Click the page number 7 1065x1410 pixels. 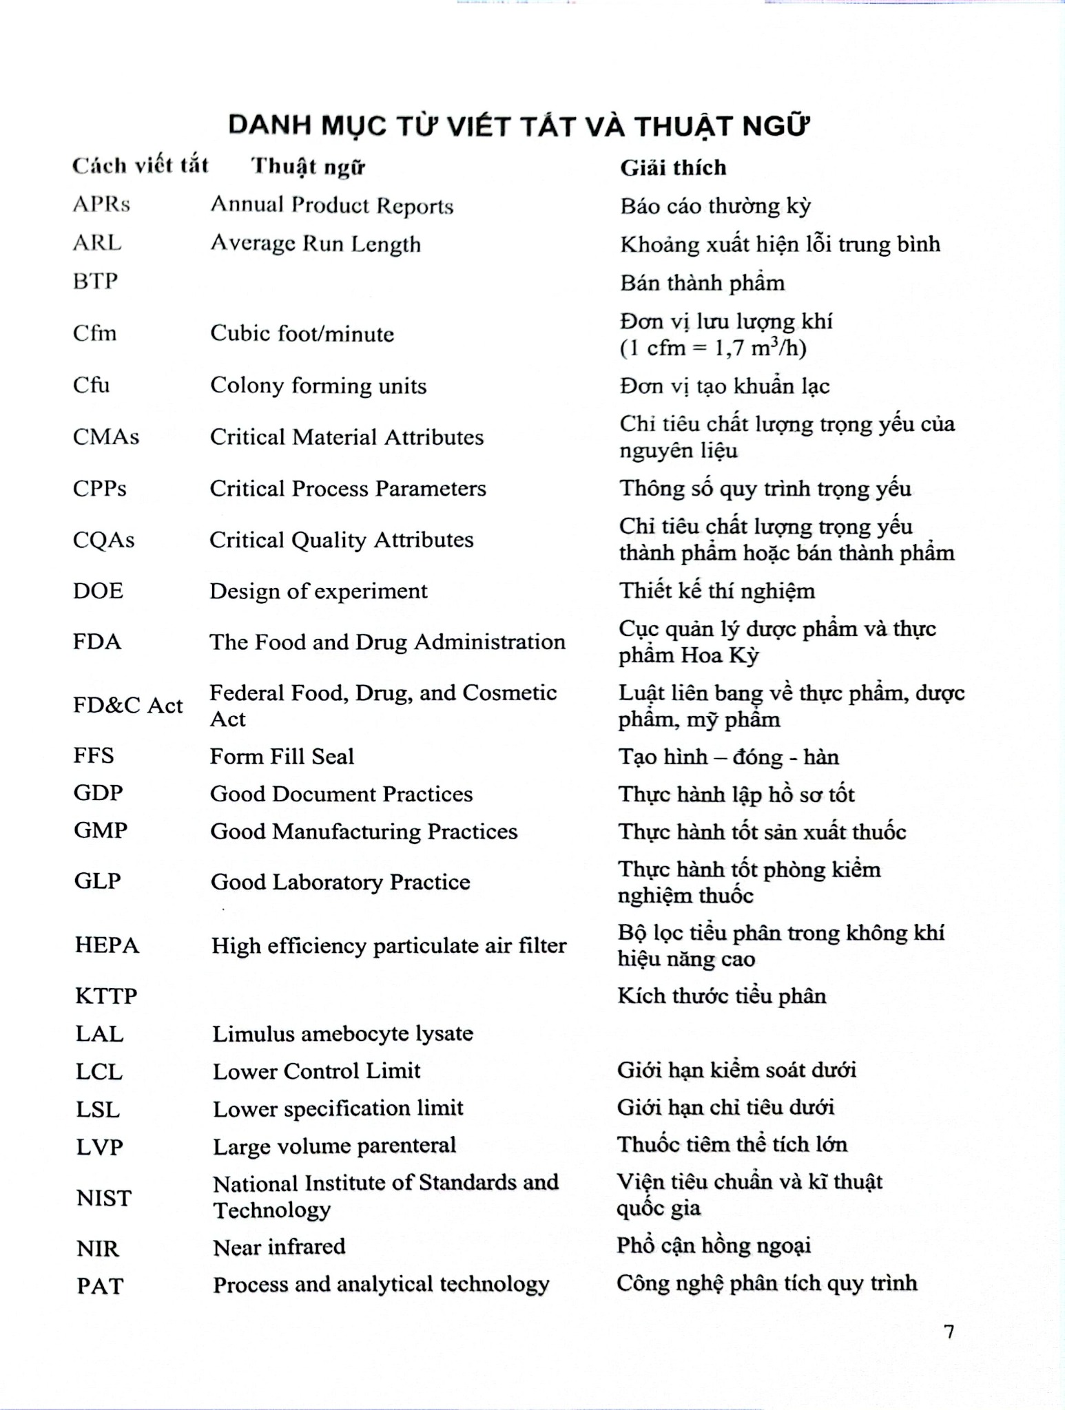coord(949,1332)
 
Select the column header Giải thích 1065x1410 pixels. coord(673,167)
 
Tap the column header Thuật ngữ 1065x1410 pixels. coord(308,167)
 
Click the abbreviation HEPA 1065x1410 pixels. coord(107,945)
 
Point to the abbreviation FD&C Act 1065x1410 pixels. coord(128,706)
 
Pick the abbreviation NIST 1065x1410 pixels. coord(103,1198)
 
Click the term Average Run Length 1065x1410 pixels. coord(315,244)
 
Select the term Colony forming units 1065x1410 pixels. coord(318,386)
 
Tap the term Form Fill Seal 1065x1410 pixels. coord(282,757)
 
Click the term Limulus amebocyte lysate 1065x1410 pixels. coord(342,1033)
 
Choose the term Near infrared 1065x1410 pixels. coord(279,1247)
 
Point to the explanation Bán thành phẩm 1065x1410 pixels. coord(702,283)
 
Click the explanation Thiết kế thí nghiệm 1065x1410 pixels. coord(716,591)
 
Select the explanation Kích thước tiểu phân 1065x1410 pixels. coord(721,996)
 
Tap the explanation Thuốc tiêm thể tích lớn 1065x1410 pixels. coord(732,1144)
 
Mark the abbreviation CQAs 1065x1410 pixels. coord(103,540)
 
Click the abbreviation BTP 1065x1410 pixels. coord(95,281)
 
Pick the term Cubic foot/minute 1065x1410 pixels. coord(302,334)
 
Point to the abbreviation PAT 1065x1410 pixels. coord(100,1285)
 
